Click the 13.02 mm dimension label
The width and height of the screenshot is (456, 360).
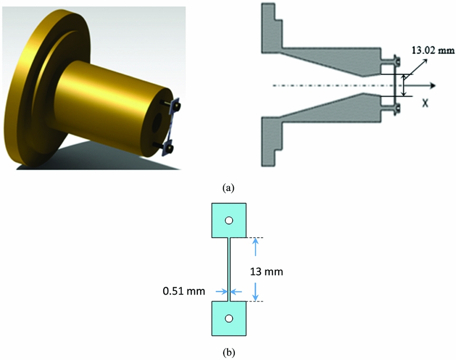click(x=431, y=50)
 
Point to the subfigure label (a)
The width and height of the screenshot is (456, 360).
click(x=228, y=187)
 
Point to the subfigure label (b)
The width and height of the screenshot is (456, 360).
click(x=228, y=349)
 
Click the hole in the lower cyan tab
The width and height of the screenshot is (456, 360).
click(x=229, y=318)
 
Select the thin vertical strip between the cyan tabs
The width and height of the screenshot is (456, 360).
click(x=229, y=269)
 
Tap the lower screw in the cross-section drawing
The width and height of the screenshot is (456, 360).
click(x=397, y=109)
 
